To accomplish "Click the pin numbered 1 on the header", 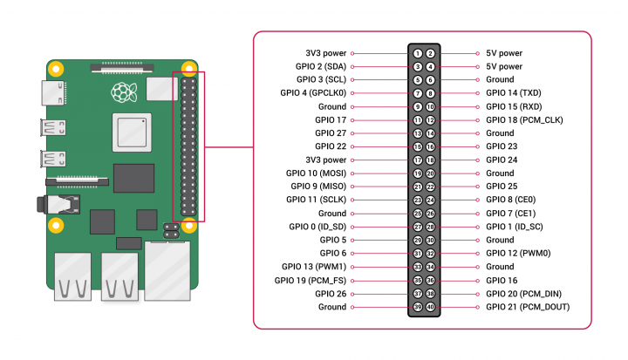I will (x=419, y=53).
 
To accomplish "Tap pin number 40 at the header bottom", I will (x=431, y=307).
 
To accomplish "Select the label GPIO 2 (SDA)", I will (x=321, y=66).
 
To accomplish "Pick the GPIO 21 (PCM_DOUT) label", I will (x=529, y=307).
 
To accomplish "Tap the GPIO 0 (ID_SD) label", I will (x=317, y=227).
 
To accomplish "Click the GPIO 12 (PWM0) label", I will (x=516, y=254).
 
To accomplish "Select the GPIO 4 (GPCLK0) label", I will (x=313, y=93).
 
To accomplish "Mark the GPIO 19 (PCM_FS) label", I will (x=313, y=281).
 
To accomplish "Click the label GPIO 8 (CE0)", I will (x=510, y=200).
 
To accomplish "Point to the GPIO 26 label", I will (x=331, y=294).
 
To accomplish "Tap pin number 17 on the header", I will (x=419, y=160).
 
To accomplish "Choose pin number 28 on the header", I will (x=431, y=227).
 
